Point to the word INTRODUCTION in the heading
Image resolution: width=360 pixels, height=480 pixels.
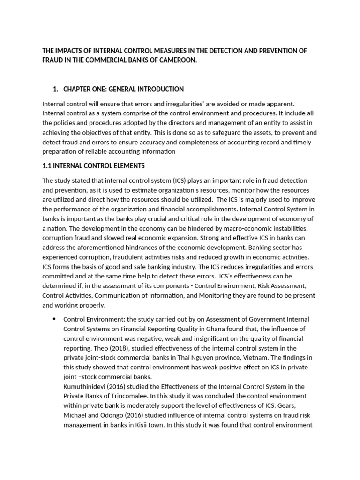[160, 89]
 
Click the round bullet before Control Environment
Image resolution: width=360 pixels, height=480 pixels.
[54, 319]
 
